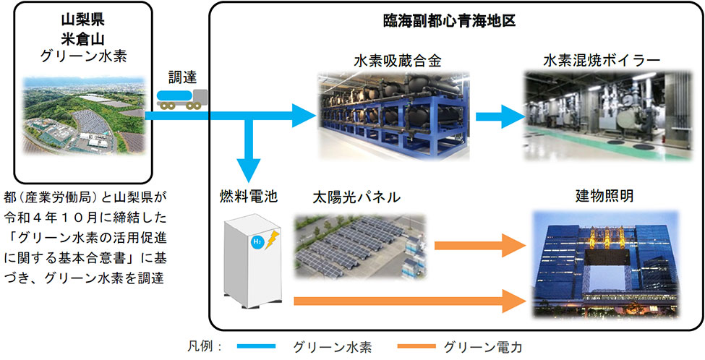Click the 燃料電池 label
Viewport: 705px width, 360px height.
(x=249, y=196)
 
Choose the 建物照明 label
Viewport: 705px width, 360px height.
(x=604, y=196)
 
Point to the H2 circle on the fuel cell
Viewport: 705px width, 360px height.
(x=257, y=244)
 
